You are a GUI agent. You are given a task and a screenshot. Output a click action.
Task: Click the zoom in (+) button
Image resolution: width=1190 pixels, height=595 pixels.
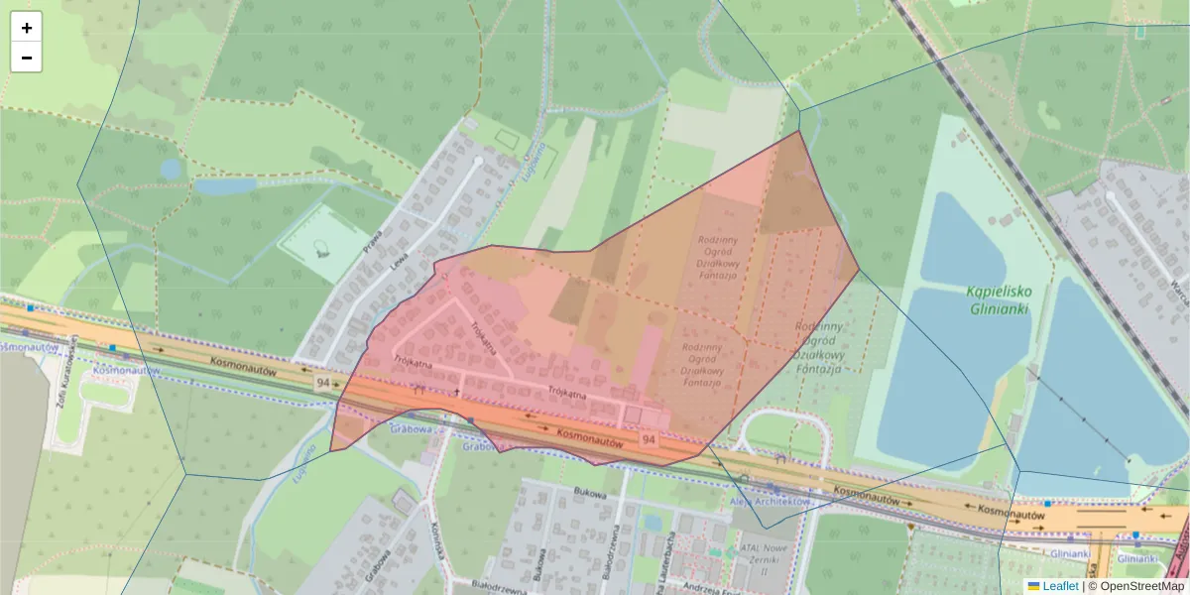tap(27, 28)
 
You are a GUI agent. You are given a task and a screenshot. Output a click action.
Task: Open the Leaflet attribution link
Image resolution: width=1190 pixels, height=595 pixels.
tap(1060, 586)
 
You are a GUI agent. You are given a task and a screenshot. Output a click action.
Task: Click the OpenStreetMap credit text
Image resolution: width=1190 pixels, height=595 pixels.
tap(1135, 586)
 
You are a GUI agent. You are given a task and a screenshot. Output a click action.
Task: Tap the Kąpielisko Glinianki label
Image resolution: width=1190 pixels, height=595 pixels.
tap(1000, 299)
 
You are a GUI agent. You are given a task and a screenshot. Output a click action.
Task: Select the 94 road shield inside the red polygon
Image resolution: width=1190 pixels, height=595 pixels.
tap(649, 438)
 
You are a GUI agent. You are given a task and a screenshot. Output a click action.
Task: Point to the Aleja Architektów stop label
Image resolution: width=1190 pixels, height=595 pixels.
tap(771, 502)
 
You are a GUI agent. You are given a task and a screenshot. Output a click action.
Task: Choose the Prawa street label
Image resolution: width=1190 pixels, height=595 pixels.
tap(373, 242)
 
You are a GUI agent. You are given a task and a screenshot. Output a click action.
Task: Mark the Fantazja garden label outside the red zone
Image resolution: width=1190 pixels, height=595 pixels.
tap(819, 347)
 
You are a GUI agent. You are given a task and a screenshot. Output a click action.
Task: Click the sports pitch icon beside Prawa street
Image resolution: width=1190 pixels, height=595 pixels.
tap(320, 248)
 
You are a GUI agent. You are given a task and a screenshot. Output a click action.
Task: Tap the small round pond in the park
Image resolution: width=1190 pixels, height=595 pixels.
tap(171, 169)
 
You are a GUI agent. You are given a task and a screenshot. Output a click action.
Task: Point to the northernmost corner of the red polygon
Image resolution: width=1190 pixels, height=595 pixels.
tap(799, 131)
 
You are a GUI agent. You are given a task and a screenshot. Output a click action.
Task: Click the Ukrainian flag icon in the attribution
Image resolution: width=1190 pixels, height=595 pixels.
tap(1033, 586)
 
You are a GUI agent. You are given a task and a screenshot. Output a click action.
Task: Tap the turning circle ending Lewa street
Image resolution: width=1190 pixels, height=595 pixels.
tap(479, 160)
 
